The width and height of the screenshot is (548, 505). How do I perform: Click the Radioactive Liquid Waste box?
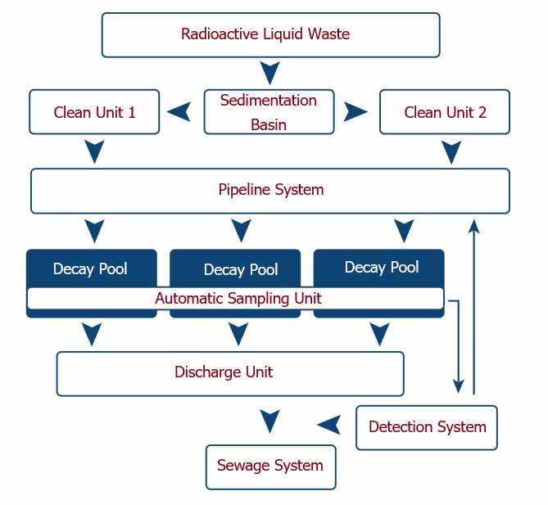pyautogui.click(x=270, y=35)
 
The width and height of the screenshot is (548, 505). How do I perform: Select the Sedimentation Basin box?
pyautogui.click(x=269, y=112)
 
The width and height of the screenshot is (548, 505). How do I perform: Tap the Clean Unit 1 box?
pyautogui.click(x=94, y=112)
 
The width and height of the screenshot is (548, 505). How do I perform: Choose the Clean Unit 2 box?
pyautogui.click(x=445, y=112)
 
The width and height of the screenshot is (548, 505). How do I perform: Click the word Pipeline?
pyautogui.click(x=244, y=190)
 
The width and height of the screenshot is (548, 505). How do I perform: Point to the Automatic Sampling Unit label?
pyautogui.click(x=238, y=299)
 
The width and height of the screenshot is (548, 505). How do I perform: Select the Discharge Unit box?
pyautogui.click(x=230, y=374)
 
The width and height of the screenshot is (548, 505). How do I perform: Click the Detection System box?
pyautogui.click(x=427, y=427)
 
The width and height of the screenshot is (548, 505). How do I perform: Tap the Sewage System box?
pyautogui.click(x=271, y=467)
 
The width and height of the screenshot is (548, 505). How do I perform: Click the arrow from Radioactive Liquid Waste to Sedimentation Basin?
pyautogui.click(x=269, y=73)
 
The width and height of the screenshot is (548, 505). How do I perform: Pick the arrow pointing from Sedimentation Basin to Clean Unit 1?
pyautogui.click(x=179, y=112)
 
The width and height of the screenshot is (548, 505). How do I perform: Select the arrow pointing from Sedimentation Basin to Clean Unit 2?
pyautogui.click(x=356, y=112)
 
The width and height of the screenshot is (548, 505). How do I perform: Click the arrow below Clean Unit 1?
pyautogui.click(x=94, y=152)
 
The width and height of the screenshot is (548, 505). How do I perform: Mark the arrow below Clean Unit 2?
pyautogui.click(x=451, y=152)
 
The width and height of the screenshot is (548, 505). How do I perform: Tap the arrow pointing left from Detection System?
pyautogui.click(x=328, y=425)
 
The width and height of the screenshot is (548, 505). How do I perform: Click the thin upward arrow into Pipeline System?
pyautogui.click(x=474, y=307)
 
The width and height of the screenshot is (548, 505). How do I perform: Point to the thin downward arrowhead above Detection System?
pyautogui.click(x=458, y=386)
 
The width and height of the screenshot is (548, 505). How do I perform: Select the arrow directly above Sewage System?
pyautogui.click(x=269, y=422)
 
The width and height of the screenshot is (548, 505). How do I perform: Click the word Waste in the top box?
pyautogui.click(x=328, y=34)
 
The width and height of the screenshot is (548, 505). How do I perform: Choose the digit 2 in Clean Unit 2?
pyautogui.click(x=482, y=112)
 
